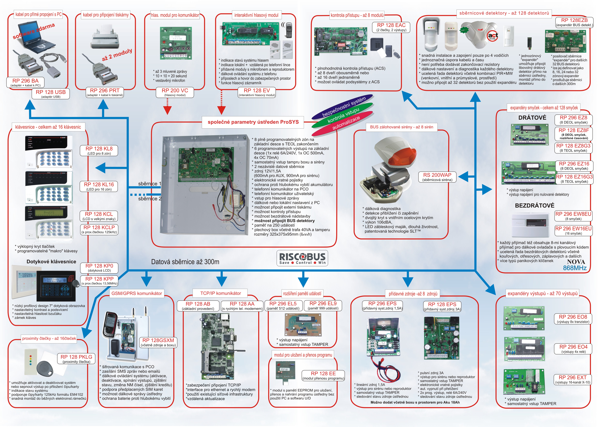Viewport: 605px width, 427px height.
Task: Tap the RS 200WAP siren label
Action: (x=437, y=177)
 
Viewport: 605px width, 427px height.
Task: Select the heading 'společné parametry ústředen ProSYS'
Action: (x=253, y=122)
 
